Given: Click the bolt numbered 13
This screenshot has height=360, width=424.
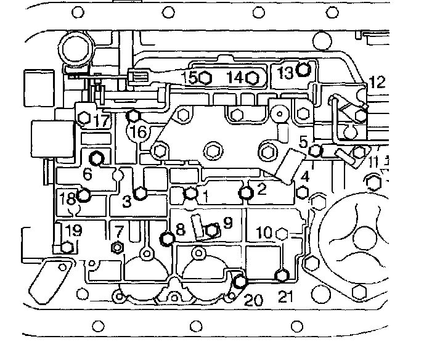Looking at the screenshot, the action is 302,69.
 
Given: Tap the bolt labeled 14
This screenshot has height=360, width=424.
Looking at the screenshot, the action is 251,77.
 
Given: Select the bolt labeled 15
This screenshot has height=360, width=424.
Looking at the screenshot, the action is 206,78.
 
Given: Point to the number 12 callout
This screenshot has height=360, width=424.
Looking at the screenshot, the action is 376,81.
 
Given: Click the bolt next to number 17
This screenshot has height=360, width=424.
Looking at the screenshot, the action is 84,117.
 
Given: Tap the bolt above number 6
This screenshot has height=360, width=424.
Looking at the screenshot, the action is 96,157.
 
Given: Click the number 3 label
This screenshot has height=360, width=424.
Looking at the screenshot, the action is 126,202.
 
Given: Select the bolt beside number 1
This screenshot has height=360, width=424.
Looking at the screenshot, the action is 191,194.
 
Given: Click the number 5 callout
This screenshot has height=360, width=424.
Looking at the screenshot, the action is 302,142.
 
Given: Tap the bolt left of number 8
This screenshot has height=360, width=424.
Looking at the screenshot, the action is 166,239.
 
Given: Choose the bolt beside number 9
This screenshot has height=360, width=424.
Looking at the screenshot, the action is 211,231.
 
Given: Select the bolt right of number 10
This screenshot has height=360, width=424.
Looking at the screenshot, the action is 283,233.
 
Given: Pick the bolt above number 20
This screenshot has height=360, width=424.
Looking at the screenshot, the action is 239,282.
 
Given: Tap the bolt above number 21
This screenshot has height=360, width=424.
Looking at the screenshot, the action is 282,275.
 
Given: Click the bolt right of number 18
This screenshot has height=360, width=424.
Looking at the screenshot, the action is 84,197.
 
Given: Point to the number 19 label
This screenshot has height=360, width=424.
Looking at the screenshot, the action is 74,232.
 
